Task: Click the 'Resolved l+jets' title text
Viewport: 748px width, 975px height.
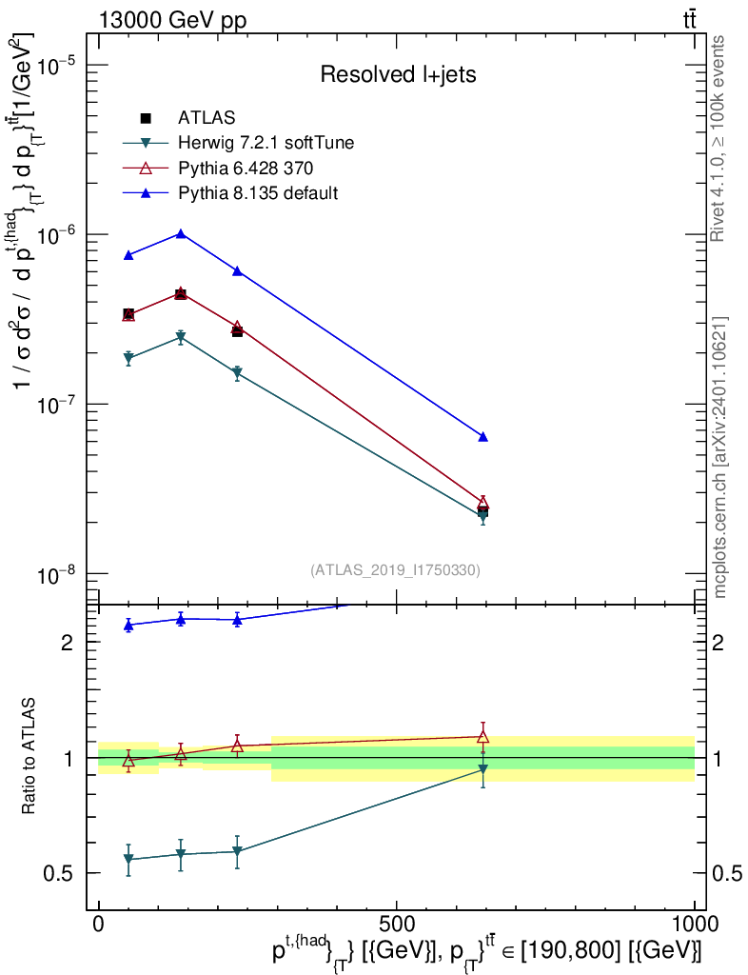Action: point(398,74)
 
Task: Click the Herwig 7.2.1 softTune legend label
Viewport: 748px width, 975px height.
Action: point(266,143)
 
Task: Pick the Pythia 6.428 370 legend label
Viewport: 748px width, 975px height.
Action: point(246,168)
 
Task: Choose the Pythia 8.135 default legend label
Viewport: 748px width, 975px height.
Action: point(258,192)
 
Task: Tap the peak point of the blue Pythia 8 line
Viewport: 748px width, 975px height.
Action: point(180,234)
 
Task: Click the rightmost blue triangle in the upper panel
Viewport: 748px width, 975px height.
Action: point(482,437)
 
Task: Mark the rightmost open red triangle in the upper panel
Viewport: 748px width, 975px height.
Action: point(482,503)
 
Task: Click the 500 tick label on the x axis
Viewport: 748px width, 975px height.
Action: point(396,924)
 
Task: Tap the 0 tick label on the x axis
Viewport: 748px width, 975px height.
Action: point(98,924)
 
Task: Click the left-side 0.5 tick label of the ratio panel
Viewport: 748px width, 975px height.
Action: point(58,874)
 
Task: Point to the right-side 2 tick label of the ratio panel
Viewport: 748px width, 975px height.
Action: point(718,643)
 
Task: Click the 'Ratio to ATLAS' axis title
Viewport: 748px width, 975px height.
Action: point(28,756)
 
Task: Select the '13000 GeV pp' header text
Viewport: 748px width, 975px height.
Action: point(172,20)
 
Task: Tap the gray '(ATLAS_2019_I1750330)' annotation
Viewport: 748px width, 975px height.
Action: point(395,570)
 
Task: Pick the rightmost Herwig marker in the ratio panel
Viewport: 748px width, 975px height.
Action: point(482,769)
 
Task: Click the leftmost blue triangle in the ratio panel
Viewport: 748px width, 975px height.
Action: point(128,626)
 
